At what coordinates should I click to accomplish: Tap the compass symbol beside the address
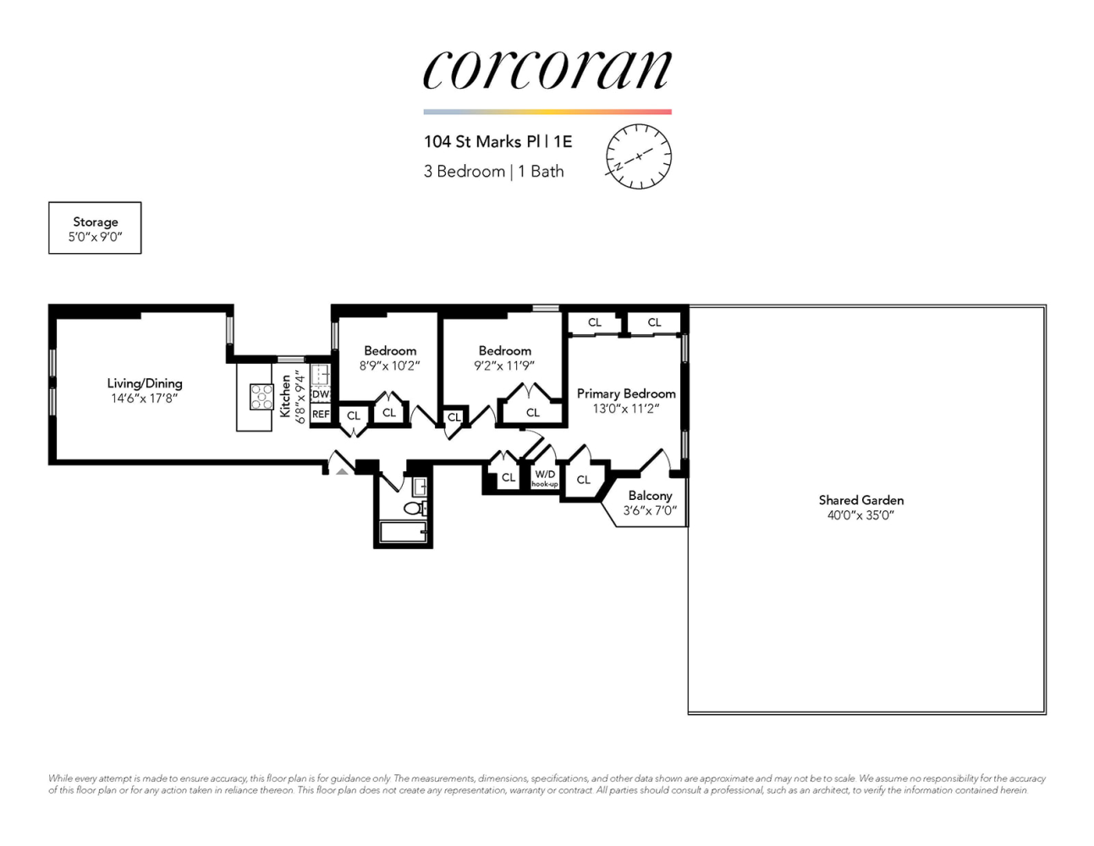coord(638,157)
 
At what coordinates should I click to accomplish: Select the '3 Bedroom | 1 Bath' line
coord(493,171)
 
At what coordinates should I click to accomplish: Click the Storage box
coord(95,228)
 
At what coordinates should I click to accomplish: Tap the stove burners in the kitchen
coord(261,396)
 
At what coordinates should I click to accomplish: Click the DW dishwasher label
coord(321,394)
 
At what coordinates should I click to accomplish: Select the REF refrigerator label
coord(321,415)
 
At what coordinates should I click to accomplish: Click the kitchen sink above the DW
coord(321,373)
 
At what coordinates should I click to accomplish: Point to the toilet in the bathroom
coord(415,508)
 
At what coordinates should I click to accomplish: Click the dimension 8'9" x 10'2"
coord(389,366)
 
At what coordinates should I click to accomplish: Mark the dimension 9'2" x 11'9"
coord(504,366)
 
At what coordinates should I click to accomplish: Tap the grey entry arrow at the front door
coord(342,470)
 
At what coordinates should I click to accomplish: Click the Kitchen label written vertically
coord(286,396)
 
